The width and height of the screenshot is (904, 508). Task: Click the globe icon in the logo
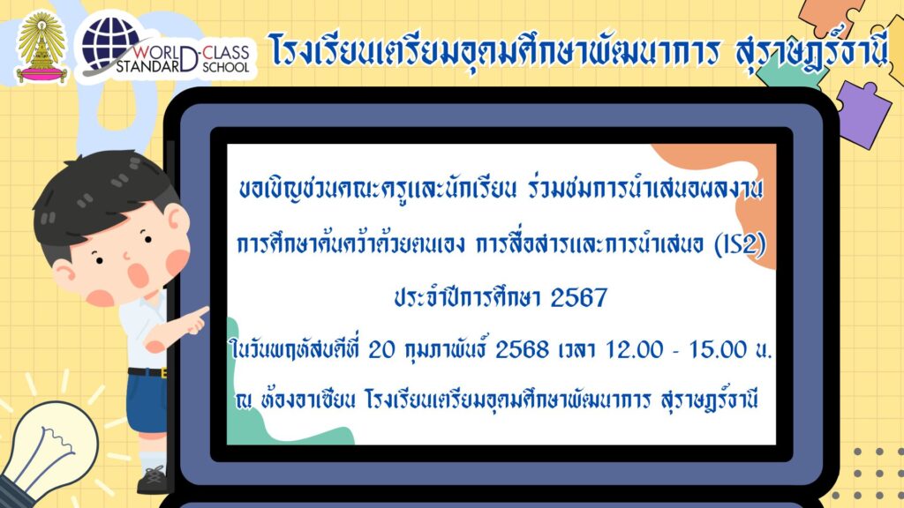110,42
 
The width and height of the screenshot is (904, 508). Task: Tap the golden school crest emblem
41,48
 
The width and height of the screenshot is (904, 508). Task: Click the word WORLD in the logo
157,53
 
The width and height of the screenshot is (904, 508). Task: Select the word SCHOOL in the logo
225,67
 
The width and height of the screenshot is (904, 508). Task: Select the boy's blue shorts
147,402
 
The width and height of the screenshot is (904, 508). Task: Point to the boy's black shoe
153,481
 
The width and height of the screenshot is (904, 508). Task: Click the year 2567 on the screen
579,298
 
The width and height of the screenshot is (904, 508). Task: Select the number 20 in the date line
381,349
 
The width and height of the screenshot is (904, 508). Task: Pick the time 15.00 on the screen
719,349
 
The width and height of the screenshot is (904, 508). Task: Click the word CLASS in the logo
225,52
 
